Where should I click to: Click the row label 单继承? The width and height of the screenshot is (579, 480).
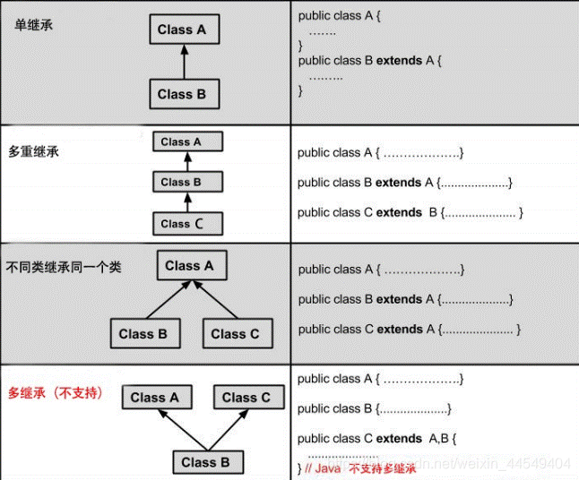point(34,25)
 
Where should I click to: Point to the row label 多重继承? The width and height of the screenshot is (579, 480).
point(34,152)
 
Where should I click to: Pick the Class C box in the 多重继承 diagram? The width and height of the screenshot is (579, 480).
point(186,223)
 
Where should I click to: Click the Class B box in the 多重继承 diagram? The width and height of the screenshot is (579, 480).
point(186,183)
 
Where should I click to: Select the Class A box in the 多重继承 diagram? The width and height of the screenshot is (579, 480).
point(186,141)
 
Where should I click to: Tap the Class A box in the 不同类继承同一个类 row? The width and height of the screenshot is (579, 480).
point(189,266)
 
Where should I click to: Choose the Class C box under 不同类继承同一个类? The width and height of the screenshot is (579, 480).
point(235,334)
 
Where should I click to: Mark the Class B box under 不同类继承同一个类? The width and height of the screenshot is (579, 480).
point(143,334)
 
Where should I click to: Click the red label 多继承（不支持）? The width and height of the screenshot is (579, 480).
point(56,392)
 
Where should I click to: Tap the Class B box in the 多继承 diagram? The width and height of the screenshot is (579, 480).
point(205,462)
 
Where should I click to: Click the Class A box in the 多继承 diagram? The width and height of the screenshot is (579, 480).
point(154,397)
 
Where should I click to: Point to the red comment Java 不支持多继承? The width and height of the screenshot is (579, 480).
point(362,468)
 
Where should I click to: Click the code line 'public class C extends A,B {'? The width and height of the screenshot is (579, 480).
point(377,439)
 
